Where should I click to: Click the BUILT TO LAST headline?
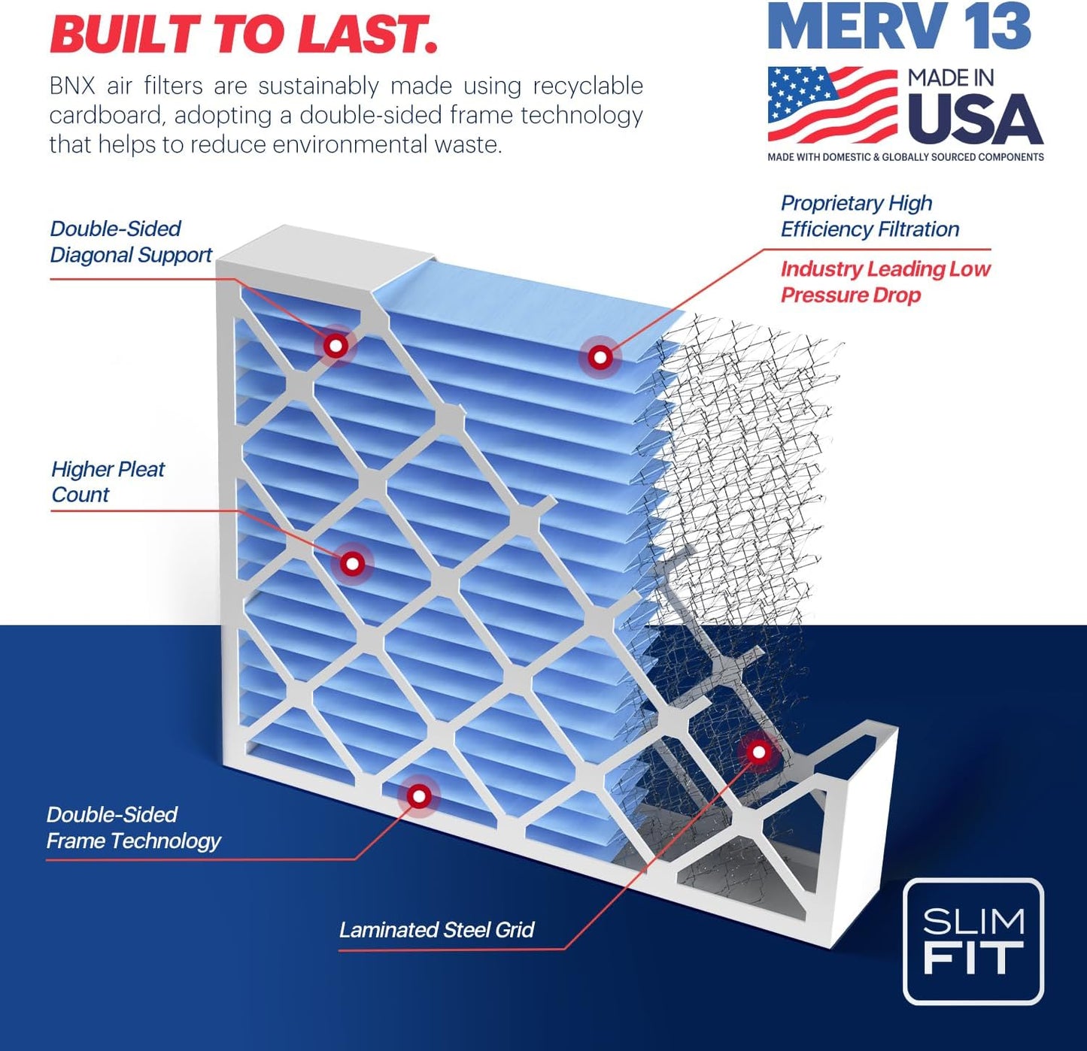coord(243,35)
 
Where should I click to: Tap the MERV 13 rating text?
coord(899,28)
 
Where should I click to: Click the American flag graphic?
coord(832,105)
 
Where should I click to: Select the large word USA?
coord(975,120)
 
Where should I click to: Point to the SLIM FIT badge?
coord(973,941)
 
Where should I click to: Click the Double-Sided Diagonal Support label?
coord(131,242)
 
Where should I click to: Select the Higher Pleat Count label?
coord(108,482)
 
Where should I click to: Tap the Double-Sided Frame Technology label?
coord(133,828)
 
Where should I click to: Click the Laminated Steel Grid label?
coord(436,930)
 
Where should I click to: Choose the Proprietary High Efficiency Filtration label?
coord(870,217)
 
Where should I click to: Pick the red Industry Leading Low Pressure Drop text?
coord(885,282)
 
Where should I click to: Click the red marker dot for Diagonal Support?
coord(336,346)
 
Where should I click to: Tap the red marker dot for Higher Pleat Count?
coord(352,563)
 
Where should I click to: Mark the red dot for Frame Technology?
coord(419,796)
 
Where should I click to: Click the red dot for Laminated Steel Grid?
coord(758,752)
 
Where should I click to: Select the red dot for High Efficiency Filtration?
coord(600,357)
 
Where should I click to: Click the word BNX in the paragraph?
coord(72,86)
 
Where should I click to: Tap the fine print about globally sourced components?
coord(906,157)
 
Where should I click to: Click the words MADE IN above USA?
coord(951,78)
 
